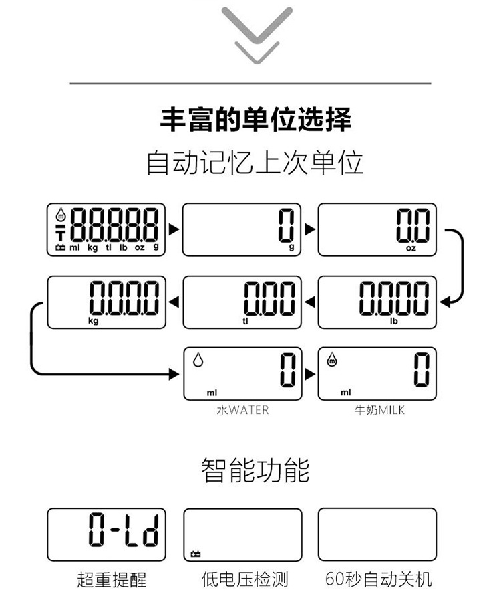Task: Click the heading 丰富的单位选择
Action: [x=256, y=120]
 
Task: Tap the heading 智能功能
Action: [x=256, y=470]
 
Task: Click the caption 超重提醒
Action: [x=111, y=579]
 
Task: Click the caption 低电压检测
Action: [x=244, y=579]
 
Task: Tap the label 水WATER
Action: [x=242, y=409]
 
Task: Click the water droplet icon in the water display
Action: [x=198, y=360]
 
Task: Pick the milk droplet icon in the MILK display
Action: [x=333, y=360]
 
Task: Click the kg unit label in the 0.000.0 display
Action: [x=94, y=320]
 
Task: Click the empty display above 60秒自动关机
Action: [x=377, y=534]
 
